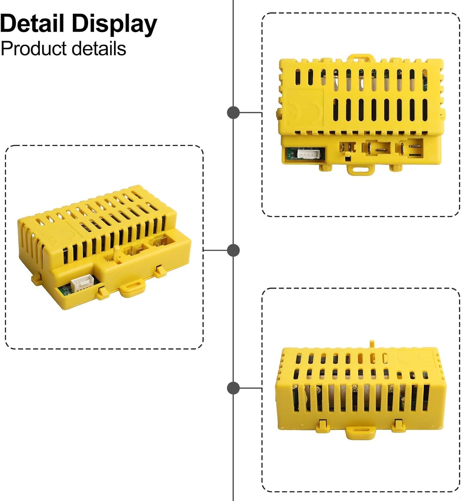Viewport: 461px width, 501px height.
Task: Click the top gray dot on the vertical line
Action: coord(233,113)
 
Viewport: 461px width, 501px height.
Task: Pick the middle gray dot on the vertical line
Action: coord(233,250)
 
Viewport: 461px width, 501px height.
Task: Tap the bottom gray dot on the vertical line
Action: coord(233,388)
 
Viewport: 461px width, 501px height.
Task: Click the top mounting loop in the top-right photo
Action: coord(359,59)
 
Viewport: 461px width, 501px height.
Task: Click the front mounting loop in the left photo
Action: coord(132,288)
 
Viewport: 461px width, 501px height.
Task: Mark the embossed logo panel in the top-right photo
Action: coord(304,108)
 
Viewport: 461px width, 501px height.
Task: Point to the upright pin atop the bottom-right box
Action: coord(372,344)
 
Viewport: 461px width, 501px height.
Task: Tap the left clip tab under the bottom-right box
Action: coord(322,426)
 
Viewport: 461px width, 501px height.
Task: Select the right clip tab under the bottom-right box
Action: coord(399,425)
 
